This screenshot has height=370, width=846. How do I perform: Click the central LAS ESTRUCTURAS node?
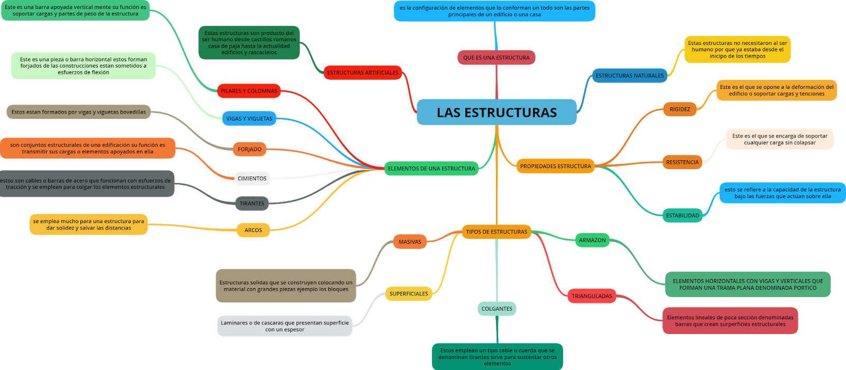click(496, 112)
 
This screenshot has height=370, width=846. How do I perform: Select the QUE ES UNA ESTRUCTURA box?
click(496, 58)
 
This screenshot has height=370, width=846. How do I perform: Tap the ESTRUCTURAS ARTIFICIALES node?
click(363, 73)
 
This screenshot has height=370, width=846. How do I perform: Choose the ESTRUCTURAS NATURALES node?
click(629, 76)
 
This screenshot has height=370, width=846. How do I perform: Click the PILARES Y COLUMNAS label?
click(249, 91)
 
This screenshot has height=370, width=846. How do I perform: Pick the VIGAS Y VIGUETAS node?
click(249, 118)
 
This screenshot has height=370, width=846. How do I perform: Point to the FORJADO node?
click(250, 150)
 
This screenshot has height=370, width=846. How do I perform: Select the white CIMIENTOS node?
click(252, 179)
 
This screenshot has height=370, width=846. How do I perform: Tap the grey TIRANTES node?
click(252, 203)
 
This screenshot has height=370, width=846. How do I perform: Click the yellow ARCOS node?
click(253, 230)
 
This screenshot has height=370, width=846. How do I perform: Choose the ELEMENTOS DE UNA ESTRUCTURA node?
click(431, 169)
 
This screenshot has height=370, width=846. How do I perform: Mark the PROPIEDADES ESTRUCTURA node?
click(555, 166)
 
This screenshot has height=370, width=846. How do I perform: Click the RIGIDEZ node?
click(679, 109)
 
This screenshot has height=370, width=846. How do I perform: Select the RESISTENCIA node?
click(682, 162)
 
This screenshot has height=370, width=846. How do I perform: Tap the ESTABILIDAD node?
click(682, 216)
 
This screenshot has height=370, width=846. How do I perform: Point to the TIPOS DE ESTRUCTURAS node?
click(496, 232)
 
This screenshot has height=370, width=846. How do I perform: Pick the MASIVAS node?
click(410, 242)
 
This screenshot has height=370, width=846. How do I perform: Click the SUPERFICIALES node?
click(409, 294)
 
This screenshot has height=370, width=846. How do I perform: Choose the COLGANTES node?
click(497, 309)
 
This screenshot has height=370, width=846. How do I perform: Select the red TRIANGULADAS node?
click(592, 296)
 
